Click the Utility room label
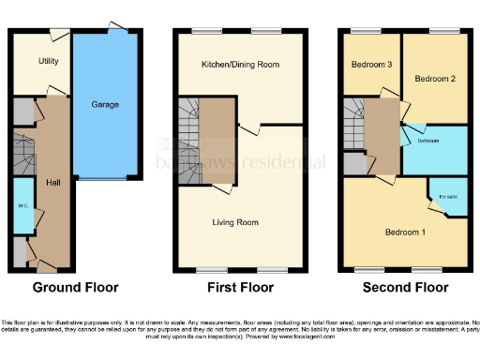pyautogui.click(x=49, y=61)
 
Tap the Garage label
pyautogui.click(x=104, y=105)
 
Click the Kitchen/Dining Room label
pyautogui.click(x=240, y=66)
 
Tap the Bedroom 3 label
pyautogui.click(x=370, y=65)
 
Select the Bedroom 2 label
pyautogui.click(x=435, y=79)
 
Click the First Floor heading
pyautogui.click(x=239, y=287)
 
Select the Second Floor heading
pyautogui.click(x=405, y=287)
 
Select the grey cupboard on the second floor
pyautogui.click(x=353, y=163)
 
